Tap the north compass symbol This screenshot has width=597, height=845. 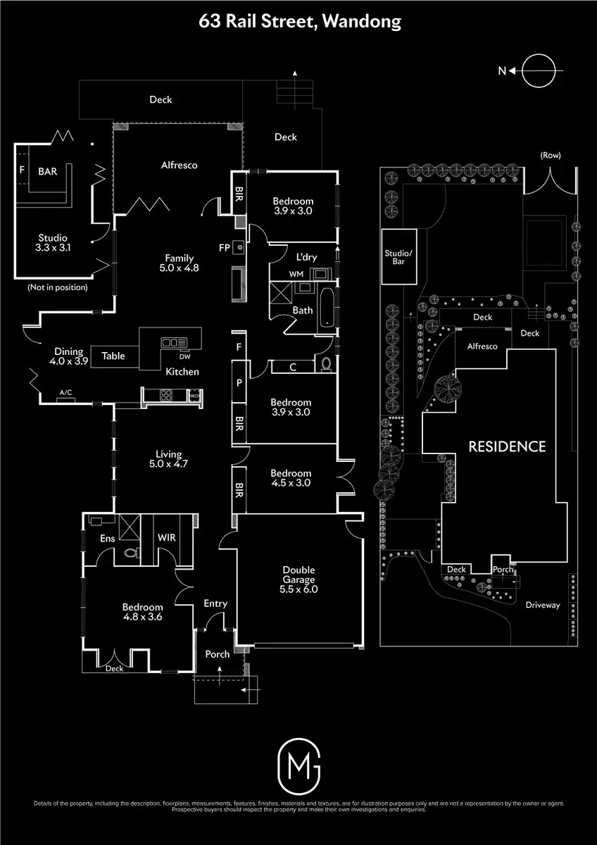[x=543, y=70]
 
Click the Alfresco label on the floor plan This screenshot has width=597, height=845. [x=180, y=165]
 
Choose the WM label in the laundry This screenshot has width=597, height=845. [x=296, y=273]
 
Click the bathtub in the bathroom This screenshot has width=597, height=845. [x=325, y=307]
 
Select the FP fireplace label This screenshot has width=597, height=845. [x=225, y=248]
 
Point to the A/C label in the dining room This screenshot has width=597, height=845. [x=66, y=392]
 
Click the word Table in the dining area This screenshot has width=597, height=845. [x=113, y=356]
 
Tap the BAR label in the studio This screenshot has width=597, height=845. [x=49, y=171]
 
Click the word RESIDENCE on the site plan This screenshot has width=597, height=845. [x=507, y=446]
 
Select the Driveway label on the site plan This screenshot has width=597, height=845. [x=543, y=605]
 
